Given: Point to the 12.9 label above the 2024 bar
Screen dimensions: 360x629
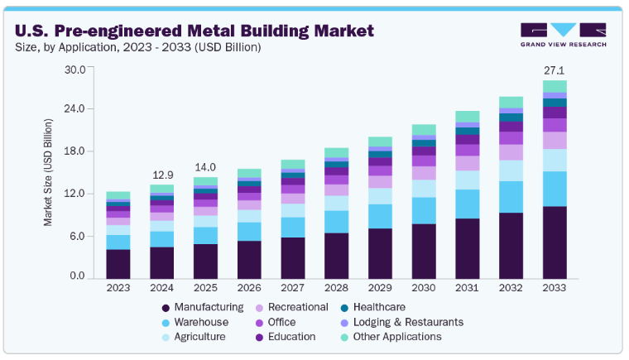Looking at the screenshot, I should click(x=162, y=175).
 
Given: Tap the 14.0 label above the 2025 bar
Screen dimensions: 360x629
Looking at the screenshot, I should click(x=205, y=168).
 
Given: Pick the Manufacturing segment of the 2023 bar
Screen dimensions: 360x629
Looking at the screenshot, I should click(x=118, y=263).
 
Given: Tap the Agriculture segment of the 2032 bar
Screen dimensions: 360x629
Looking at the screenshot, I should click(x=511, y=170).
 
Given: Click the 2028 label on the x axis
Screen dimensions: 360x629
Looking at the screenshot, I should click(x=337, y=287).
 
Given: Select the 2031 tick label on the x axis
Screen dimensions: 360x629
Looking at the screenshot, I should click(x=468, y=287).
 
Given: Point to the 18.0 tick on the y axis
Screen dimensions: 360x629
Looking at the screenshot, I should click(x=75, y=151).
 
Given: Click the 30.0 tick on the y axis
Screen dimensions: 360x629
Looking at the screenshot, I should click(x=75, y=69).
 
